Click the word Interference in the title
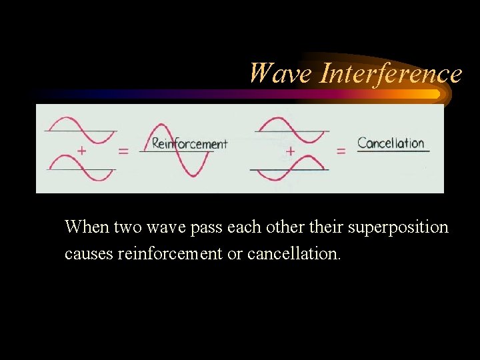coord(391,73)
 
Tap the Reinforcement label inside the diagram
coord(189,143)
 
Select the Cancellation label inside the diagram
coord(391,143)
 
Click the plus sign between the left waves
coord(81,151)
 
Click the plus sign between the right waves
coord(290,151)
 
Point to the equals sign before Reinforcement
coord(123,151)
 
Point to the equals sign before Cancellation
coord(341,151)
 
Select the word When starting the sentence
coord(87,227)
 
